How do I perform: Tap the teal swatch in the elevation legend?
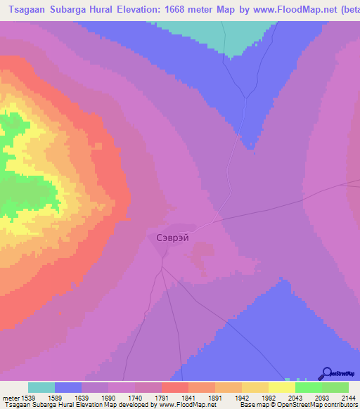pos(41,387)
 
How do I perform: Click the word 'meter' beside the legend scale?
pos(12,397)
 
